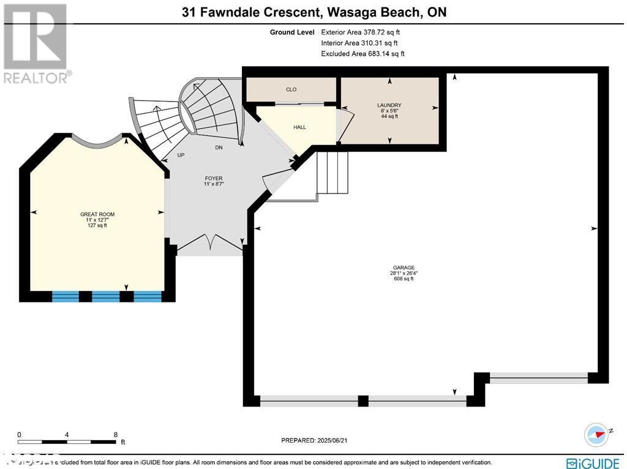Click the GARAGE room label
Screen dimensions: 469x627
(404, 268)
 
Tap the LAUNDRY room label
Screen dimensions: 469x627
(389, 105)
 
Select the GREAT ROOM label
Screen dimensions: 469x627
(97, 214)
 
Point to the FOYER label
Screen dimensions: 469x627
(213, 178)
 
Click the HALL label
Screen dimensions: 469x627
(299, 127)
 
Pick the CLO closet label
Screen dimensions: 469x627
(291, 89)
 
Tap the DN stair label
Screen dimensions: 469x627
(219, 148)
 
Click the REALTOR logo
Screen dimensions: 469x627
(36, 43)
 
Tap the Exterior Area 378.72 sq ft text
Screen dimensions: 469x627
(361, 32)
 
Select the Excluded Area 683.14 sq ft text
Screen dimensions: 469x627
(362, 54)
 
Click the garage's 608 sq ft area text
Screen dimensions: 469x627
(404, 279)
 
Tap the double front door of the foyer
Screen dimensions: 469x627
(210, 244)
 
